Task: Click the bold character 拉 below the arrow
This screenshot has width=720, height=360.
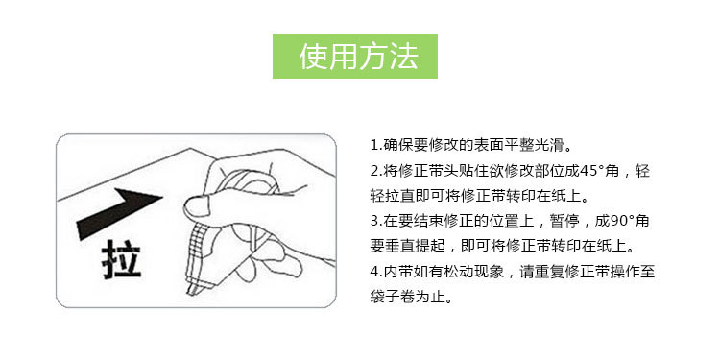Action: coord(121,258)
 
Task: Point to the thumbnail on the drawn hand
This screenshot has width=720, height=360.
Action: coord(196,202)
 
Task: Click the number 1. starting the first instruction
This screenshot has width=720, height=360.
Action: coord(375,146)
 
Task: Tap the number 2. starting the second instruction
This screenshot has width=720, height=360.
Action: coord(375,171)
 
